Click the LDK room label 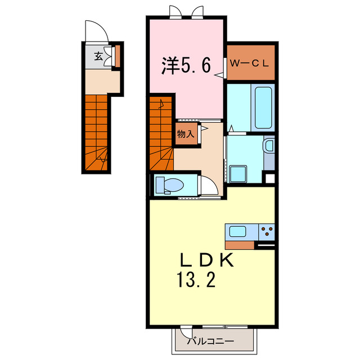pos(205,261)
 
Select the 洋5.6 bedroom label pos(187,66)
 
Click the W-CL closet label pos(251,62)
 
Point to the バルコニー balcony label pos(213,340)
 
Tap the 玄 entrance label pos(98,56)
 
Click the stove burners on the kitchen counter pos(266,231)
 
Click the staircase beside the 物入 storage pos(161,135)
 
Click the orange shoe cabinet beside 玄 pos(118,56)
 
